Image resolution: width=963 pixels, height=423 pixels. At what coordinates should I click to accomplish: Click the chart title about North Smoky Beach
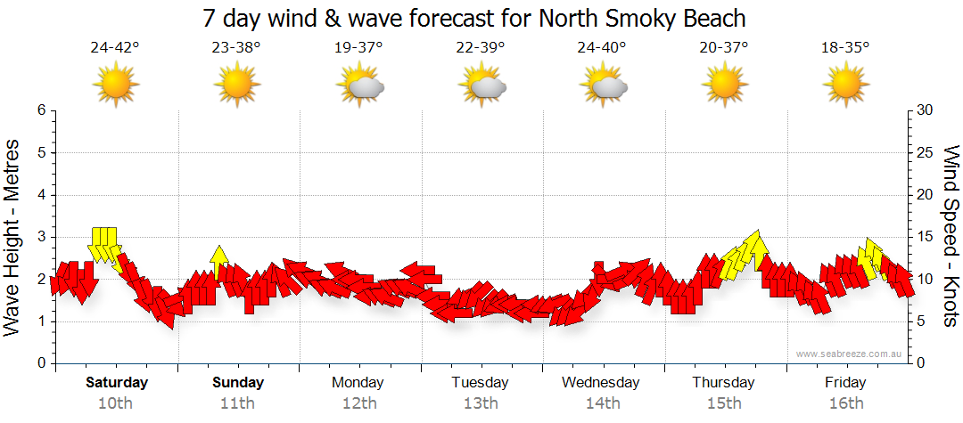[473, 18]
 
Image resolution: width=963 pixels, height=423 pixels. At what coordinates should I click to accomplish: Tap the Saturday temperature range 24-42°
[115, 47]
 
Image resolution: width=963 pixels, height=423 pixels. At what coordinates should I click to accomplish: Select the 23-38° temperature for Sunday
[236, 47]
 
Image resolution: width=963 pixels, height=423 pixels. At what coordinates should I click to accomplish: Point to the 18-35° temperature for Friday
[845, 47]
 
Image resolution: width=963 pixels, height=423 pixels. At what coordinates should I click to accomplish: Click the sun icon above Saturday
[116, 85]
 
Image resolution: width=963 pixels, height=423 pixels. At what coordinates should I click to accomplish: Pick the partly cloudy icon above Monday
[359, 85]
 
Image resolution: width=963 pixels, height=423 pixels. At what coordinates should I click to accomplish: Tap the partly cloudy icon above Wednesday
[604, 85]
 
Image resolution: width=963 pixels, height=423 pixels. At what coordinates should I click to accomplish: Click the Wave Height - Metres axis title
[13, 237]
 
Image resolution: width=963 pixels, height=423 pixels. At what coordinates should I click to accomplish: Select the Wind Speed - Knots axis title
[950, 237]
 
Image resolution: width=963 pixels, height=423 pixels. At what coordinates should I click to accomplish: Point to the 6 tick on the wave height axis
[40, 110]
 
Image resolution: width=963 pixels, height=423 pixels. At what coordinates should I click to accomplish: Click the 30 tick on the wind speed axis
[925, 110]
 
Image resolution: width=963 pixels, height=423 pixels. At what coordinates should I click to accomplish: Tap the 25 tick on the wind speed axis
[925, 153]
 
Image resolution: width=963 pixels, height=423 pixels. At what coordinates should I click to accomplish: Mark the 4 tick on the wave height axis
[40, 195]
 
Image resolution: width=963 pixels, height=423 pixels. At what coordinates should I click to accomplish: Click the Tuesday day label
[480, 383]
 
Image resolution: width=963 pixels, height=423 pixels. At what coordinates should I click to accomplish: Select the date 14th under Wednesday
[603, 403]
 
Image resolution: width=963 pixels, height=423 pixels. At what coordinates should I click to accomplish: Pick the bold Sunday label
[238, 383]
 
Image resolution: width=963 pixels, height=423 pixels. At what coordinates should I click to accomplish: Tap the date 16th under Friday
[845, 403]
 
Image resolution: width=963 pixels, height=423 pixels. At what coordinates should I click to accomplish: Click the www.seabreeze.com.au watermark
[850, 354]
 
